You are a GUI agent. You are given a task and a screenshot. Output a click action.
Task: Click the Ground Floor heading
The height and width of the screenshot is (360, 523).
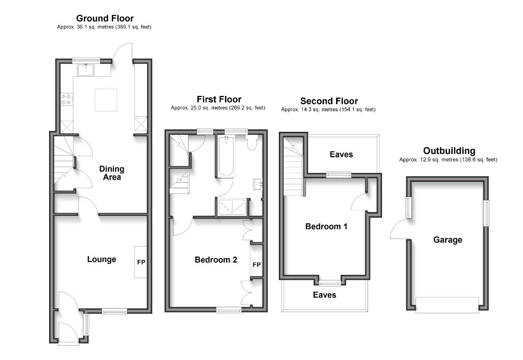105,18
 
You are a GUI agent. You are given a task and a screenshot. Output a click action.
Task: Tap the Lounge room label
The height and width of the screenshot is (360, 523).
101,259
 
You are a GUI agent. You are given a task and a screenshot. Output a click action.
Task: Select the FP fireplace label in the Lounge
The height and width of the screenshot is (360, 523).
141,263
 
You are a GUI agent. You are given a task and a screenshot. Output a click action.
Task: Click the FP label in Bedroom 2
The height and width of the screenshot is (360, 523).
257,265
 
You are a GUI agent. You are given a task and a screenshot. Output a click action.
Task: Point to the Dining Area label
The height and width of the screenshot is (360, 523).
111,173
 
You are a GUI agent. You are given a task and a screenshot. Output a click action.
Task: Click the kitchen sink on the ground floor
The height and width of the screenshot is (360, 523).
86,70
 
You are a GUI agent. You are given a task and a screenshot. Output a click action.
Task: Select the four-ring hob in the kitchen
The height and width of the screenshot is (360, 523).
66,99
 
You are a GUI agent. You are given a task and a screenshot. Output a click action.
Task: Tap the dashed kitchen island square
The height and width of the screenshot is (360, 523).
105,100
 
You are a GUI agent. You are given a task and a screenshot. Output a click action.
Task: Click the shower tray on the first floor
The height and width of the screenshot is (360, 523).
232,207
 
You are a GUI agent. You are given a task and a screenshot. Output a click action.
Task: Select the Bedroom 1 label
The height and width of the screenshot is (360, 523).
326,227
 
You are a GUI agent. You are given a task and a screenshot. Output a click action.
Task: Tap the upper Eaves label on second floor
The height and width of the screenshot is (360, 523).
341,154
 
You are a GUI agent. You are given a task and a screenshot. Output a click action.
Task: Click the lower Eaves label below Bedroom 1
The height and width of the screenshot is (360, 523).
324,295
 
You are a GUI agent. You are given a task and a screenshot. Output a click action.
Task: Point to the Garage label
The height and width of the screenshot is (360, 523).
447,240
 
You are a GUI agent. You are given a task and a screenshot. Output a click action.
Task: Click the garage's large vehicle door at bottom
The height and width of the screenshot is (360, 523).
447,305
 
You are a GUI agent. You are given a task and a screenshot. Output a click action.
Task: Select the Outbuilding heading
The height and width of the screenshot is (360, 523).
449,151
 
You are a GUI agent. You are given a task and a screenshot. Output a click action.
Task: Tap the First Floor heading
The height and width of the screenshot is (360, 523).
219,99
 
